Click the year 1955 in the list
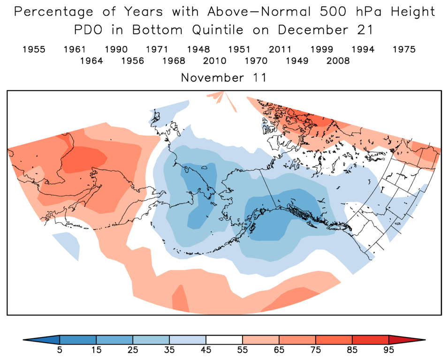(x=34, y=49)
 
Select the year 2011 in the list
(x=281, y=49)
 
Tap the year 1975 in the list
(x=404, y=49)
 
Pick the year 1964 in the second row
(x=91, y=60)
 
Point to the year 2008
(x=338, y=60)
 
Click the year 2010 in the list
(x=215, y=60)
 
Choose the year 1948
(x=198, y=49)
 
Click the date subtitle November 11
(x=224, y=78)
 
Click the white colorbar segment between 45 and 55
(x=224, y=340)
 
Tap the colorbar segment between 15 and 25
(x=114, y=340)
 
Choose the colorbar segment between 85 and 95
(x=371, y=340)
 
